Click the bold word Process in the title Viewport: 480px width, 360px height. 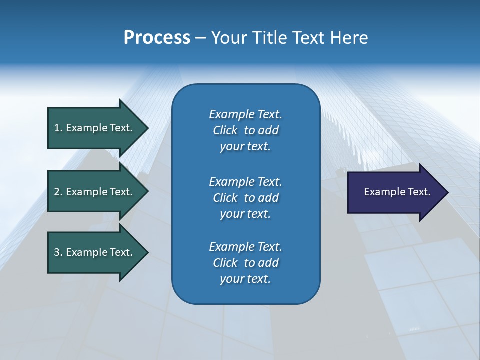tap(157, 38)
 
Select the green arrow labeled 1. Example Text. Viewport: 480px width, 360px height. tap(95, 128)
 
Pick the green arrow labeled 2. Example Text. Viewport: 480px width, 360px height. tap(95, 192)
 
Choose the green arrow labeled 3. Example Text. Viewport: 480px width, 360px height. tap(95, 252)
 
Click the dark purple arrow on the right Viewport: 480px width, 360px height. tap(395, 192)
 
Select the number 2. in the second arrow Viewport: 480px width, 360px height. tap(58, 192)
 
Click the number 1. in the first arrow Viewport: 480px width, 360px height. tap(58, 128)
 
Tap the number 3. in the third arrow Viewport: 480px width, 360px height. tap(58, 252)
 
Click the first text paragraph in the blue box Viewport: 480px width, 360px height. tap(245, 130)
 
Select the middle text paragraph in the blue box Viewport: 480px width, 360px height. tap(245, 198)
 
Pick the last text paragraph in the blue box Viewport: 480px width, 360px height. tap(245, 263)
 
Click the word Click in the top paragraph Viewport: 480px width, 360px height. tap(225, 130)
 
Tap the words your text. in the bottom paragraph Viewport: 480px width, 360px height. tap(245, 279)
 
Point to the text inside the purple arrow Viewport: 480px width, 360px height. tap(397, 192)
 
